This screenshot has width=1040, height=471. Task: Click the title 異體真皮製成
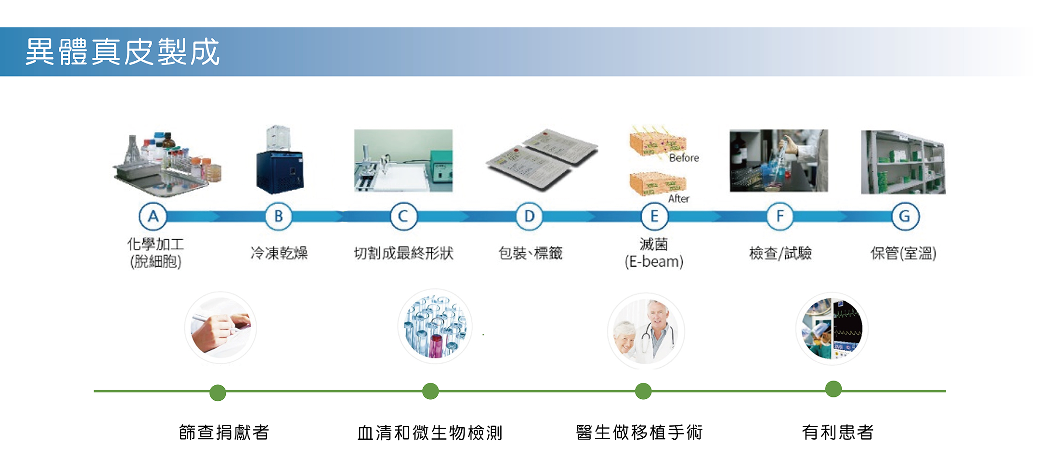[x=122, y=51]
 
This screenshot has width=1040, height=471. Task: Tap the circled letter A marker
[x=153, y=216]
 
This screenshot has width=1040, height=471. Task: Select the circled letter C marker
[x=403, y=216]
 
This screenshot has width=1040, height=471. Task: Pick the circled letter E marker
[x=654, y=216]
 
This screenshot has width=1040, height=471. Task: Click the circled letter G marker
[x=905, y=216]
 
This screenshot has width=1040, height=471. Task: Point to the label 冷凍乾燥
[x=279, y=253]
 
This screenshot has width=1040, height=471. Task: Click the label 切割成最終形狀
[x=403, y=253]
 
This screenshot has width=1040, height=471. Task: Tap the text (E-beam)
[x=654, y=262]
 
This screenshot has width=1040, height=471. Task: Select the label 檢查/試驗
[x=780, y=253]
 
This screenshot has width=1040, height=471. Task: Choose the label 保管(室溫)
[x=903, y=253]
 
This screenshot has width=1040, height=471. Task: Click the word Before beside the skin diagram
[x=684, y=158]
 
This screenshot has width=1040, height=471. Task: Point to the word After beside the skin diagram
[x=678, y=199]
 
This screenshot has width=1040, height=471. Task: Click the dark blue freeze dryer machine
[x=280, y=172]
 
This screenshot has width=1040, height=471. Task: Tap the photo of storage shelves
[x=903, y=162]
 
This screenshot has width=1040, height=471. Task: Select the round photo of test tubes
[x=435, y=327]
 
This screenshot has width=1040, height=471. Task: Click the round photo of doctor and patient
[x=646, y=331]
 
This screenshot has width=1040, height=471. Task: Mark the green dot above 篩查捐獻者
[x=218, y=393]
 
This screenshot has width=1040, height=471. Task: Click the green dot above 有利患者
[x=833, y=389]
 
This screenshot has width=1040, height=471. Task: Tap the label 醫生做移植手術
[x=639, y=433]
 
